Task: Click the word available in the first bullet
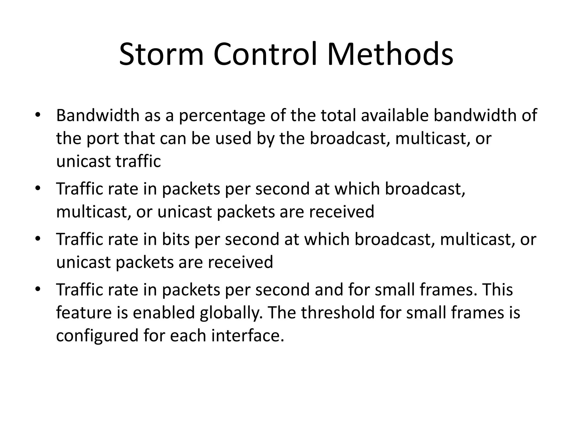point(394,115)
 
